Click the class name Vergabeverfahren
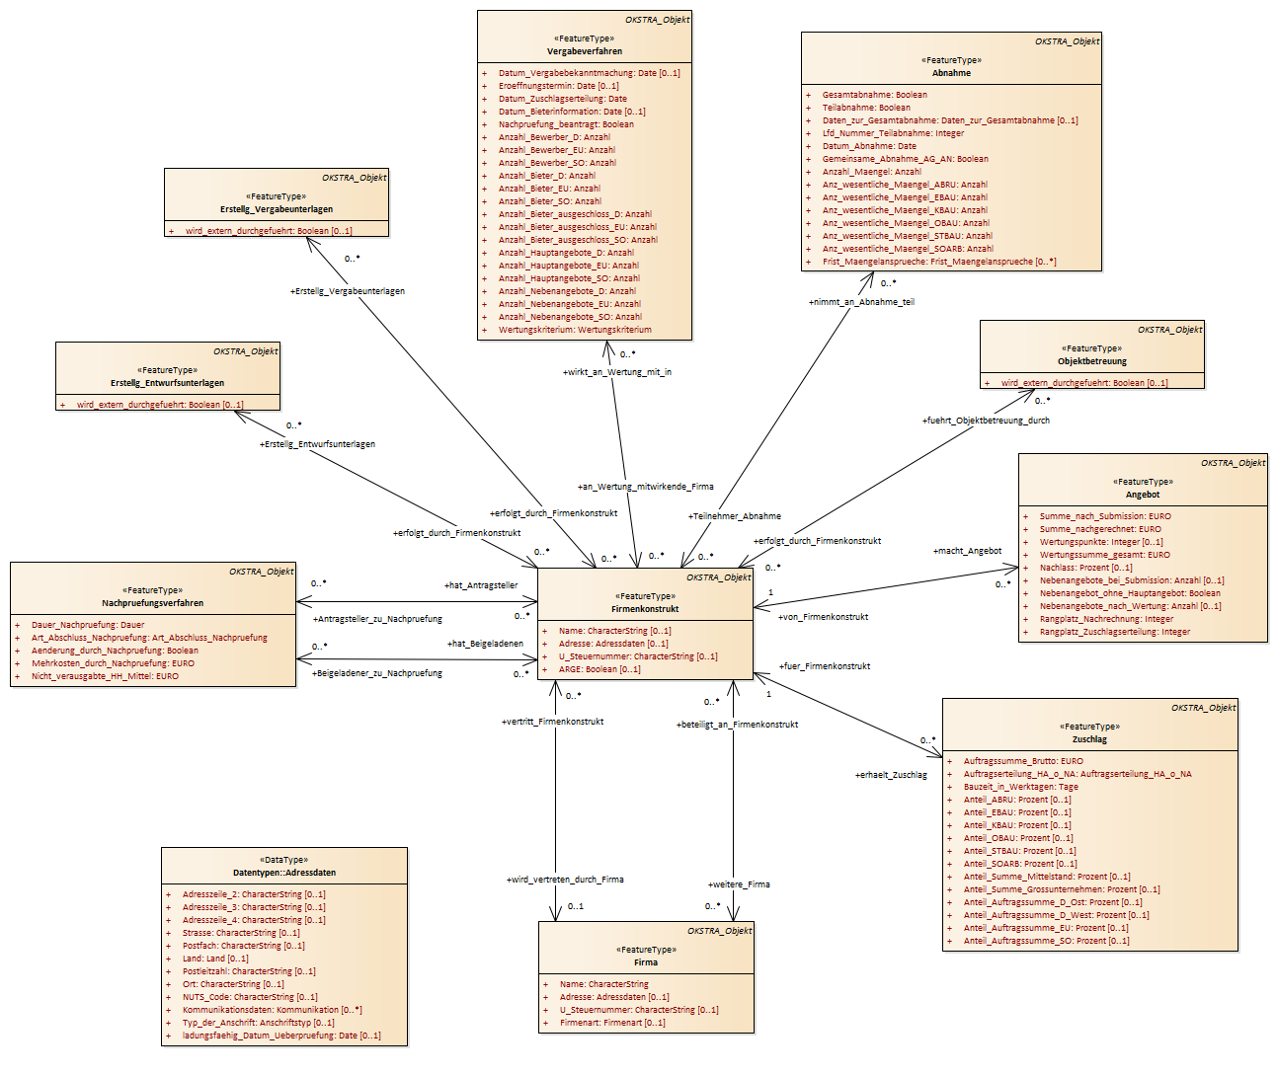point(585,51)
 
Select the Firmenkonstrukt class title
point(645,609)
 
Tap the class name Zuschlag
point(1089,739)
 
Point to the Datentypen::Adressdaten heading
point(284,873)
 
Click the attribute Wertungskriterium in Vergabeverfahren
point(575,330)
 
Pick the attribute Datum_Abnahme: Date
point(869,146)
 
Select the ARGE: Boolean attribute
point(599,669)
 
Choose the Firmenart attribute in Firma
point(612,1023)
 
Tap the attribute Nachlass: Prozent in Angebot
point(1085,568)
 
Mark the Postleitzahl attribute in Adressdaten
point(249,971)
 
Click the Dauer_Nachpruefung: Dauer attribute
point(88,625)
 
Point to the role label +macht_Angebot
point(967,551)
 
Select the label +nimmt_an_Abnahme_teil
point(861,302)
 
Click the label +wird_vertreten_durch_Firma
point(565,880)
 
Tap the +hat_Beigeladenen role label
point(485,644)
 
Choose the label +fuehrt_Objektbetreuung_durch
point(986,421)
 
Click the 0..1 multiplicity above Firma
point(576,906)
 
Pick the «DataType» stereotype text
point(284,860)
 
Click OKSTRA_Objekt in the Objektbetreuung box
point(1169,330)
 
